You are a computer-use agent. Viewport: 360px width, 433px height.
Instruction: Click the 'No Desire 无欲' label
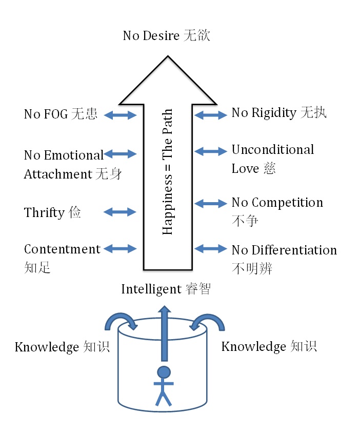click(x=167, y=36)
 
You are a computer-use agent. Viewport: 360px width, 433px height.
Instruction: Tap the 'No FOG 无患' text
click(x=61, y=114)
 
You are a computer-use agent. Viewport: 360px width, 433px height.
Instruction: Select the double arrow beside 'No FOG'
click(x=121, y=115)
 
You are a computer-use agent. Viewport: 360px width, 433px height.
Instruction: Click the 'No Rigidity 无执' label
click(x=279, y=113)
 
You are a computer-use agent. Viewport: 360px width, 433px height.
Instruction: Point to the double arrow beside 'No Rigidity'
click(x=211, y=115)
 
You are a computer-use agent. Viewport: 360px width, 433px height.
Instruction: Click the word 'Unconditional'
click(x=272, y=150)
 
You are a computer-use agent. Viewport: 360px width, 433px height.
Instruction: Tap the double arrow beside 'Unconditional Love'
click(x=211, y=151)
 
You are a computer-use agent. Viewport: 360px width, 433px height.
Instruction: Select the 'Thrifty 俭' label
click(x=52, y=212)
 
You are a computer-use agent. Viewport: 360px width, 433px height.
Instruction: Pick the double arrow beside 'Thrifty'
click(x=121, y=211)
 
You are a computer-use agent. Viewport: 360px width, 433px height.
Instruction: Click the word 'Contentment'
click(x=62, y=249)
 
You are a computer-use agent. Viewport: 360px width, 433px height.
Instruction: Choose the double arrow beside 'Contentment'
click(x=121, y=249)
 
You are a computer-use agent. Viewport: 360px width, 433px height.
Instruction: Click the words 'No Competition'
click(x=277, y=203)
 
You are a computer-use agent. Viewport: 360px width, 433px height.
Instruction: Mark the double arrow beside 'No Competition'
click(x=211, y=204)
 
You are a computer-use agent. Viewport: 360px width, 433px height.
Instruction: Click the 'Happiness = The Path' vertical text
click(x=167, y=172)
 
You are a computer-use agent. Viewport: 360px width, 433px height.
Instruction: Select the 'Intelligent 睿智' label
click(x=166, y=289)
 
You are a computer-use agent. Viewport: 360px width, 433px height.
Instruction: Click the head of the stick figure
click(x=164, y=371)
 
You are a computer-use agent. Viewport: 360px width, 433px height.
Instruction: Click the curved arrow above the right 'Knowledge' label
click(x=208, y=322)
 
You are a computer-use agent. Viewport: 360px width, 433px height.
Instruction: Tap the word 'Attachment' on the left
click(x=57, y=174)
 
